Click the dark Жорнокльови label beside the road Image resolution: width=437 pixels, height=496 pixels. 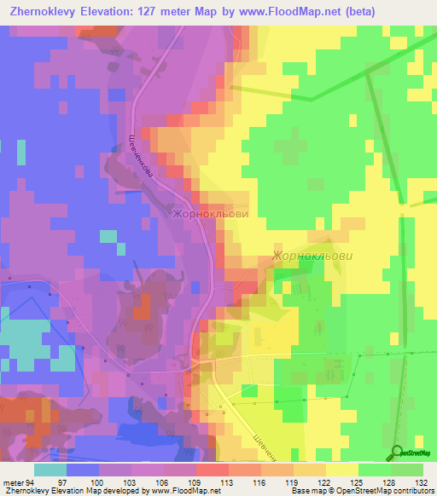(210, 215)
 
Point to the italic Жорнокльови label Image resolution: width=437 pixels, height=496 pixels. (312, 255)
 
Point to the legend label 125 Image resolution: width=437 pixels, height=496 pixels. (339, 482)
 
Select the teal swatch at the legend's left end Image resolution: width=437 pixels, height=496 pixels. (50, 470)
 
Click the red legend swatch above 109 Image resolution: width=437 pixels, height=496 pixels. (212, 470)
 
